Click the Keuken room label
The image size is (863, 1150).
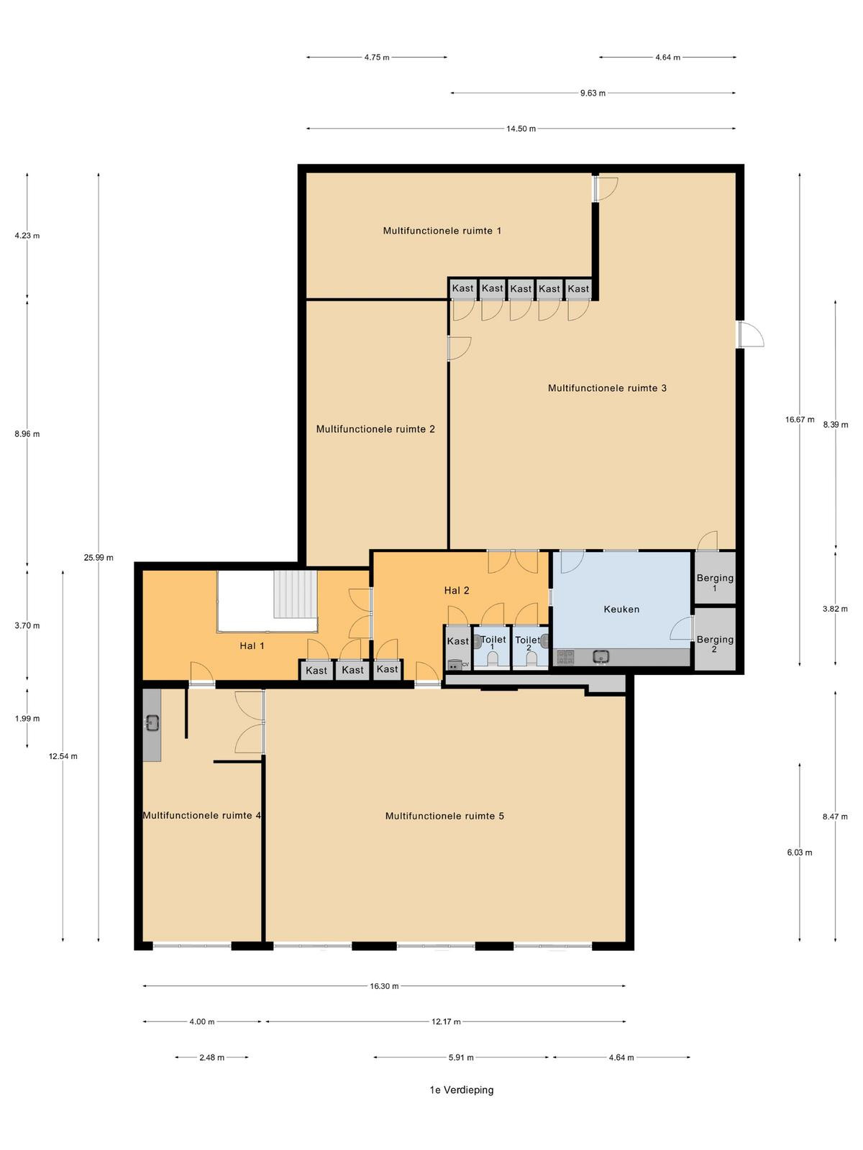coord(621,609)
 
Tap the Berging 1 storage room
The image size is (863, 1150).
coord(715,577)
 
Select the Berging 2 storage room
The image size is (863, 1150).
coord(715,639)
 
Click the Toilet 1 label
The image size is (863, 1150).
coord(493,643)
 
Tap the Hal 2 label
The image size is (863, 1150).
coord(457,591)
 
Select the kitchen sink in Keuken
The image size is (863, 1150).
coord(601,656)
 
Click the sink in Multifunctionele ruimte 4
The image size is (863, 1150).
coord(152,723)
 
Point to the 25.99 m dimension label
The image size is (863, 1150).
coord(99,558)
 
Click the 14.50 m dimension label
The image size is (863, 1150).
coord(521,129)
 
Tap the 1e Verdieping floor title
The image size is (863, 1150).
coord(462,1090)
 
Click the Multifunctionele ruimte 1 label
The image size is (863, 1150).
coord(442,231)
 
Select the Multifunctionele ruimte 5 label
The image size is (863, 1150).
coord(444,816)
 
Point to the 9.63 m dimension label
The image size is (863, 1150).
coord(593,93)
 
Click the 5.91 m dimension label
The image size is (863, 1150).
coord(460,1057)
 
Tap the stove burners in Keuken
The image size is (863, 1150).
coord(565,657)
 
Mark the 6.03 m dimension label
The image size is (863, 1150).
coord(799,852)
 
